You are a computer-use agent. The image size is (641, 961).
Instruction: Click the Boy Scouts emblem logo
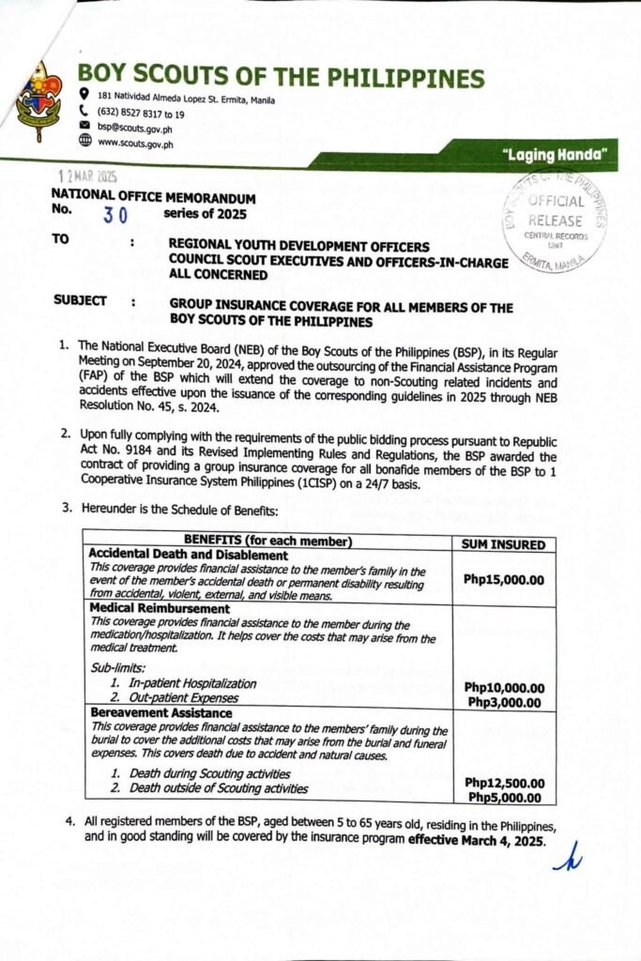[x=38, y=101]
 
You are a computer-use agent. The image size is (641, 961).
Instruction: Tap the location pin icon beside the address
[x=84, y=94]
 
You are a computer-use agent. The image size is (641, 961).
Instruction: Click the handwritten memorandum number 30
[x=115, y=213]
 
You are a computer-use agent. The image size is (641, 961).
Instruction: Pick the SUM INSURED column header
[x=504, y=544]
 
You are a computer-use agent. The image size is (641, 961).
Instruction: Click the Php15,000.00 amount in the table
[x=504, y=579]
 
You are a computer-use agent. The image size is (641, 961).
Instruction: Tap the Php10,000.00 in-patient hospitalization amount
[x=504, y=687]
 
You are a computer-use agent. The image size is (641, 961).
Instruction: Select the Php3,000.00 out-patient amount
[x=504, y=702]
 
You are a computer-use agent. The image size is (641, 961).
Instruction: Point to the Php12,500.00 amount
[x=504, y=783]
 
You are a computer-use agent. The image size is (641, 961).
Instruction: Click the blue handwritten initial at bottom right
[x=567, y=856]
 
